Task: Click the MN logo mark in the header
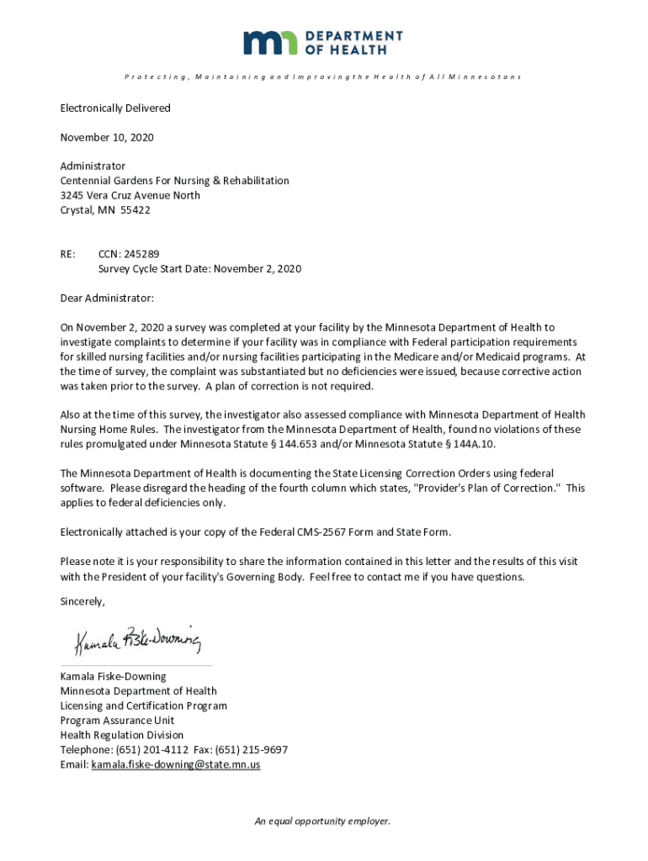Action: point(270,43)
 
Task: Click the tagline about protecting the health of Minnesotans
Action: point(322,77)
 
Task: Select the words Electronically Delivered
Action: point(115,108)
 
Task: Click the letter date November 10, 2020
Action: point(107,137)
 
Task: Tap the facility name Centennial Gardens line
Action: point(174,181)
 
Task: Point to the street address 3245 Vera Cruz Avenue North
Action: point(130,195)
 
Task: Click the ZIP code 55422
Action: point(135,210)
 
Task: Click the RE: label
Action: point(68,254)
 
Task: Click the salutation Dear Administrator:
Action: point(107,298)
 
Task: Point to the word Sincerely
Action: point(82,602)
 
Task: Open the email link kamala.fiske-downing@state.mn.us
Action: point(176,765)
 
